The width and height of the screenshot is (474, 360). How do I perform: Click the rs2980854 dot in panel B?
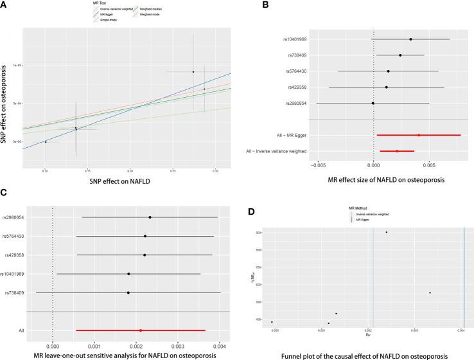pos(373,103)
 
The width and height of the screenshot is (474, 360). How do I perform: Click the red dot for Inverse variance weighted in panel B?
pos(397,151)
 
